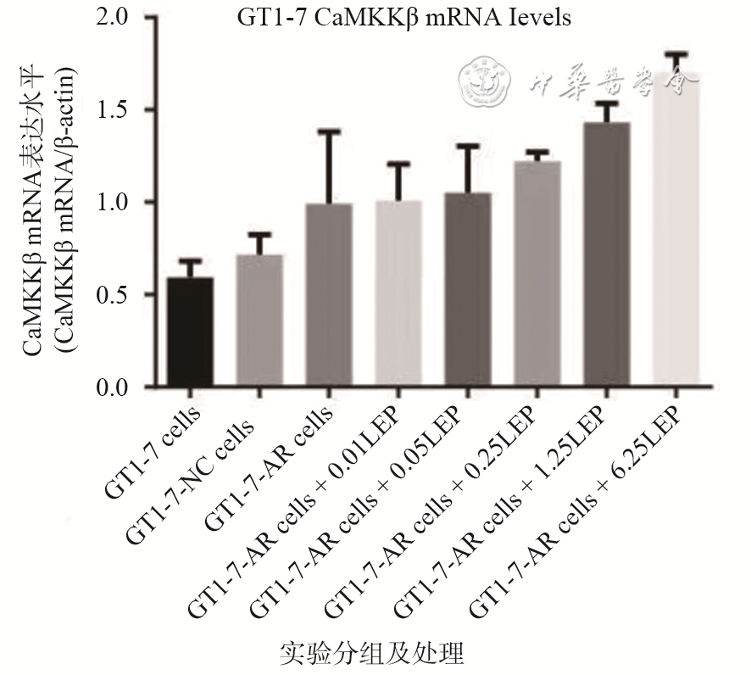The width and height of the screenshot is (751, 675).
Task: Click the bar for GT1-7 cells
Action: point(190,332)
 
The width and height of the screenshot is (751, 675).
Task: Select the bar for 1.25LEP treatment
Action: point(607,254)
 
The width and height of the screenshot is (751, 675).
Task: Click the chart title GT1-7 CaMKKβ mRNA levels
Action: point(403,18)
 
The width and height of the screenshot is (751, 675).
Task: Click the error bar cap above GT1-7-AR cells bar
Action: point(329,131)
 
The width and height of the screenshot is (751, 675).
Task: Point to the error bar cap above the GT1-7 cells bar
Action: point(190,260)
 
